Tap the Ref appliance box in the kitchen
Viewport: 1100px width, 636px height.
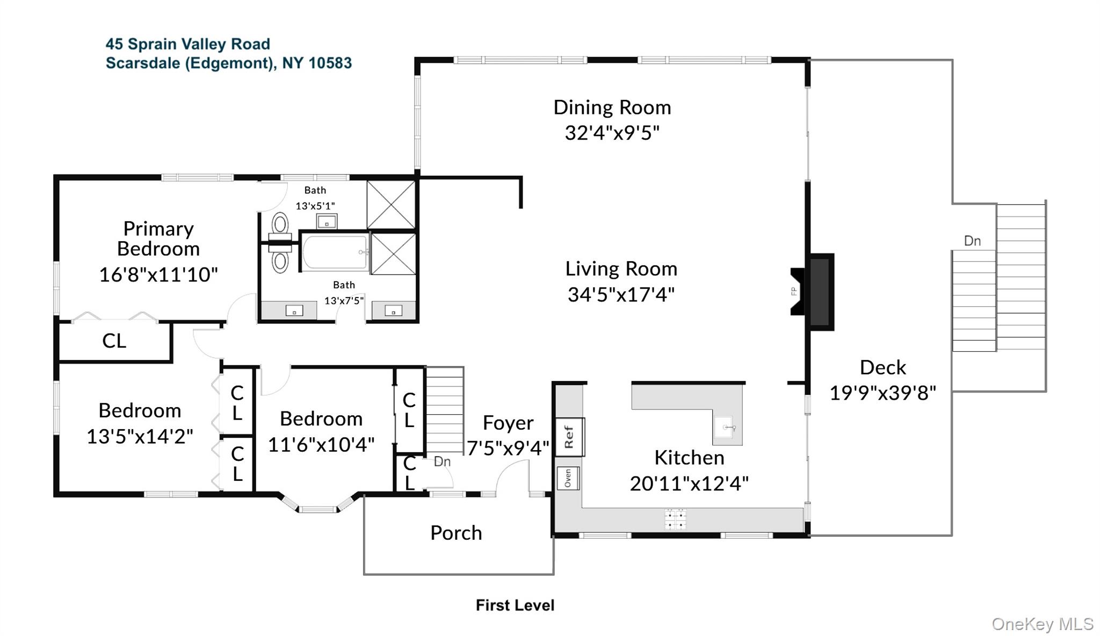(x=569, y=437)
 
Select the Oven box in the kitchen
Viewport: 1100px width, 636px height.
(x=568, y=478)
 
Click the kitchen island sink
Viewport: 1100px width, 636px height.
(x=727, y=428)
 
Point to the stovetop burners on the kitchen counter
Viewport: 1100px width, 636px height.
(x=675, y=519)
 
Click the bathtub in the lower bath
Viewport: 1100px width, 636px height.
(x=334, y=252)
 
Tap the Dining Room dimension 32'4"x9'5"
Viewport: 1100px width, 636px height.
(x=612, y=133)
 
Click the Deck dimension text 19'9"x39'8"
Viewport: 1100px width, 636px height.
(x=882, y=393)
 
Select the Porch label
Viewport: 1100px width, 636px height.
(x=456, y=533)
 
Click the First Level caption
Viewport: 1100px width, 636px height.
(x=515, y=605)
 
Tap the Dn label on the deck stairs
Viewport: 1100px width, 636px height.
(x=972, y=241)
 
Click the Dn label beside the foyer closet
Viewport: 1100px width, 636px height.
(x=442, y=461)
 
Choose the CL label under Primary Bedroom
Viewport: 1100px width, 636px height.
(x=114, y=341)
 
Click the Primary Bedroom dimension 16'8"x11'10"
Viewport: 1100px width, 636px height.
(x=158, y=274)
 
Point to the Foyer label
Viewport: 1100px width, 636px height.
(x=508, y=423)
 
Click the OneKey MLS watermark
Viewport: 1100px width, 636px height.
(x=1042, y=624)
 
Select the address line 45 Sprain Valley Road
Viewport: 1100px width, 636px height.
(x=187, y=44)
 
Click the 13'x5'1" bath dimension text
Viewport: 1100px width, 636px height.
(x=315, y=206)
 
